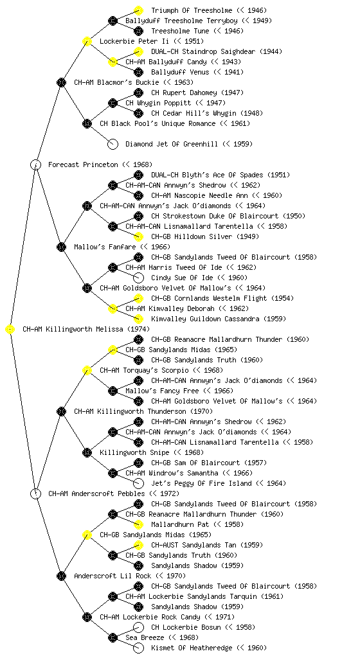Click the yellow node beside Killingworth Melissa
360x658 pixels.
point(10,330)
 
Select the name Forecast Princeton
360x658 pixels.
point(83,164)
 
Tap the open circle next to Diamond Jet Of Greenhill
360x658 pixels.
point(113,145)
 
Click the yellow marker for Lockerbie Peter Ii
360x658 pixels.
point(87,41)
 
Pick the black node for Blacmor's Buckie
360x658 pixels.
point(61,82)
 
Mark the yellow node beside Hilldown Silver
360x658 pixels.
point(138,236)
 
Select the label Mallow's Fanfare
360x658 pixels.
point(105,247)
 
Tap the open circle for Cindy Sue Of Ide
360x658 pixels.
point(138,278)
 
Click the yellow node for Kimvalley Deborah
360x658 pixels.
point(113,309)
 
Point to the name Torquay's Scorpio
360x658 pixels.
point(145,370)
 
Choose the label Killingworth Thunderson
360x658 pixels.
point(130,411)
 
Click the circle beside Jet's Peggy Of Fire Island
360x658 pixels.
point(138,483)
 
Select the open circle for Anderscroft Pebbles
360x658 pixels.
point(35,493)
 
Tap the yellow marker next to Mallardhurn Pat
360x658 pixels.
point(138,524)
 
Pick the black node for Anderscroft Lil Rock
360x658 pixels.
point(61,576)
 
